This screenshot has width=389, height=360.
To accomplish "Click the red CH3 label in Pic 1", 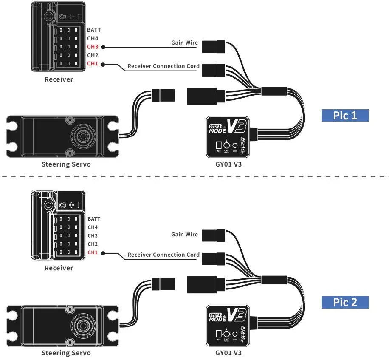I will tap(92, 47).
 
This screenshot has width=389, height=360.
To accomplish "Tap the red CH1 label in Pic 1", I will tap(92, 64).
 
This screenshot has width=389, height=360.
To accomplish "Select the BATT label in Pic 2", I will tap(95, 218).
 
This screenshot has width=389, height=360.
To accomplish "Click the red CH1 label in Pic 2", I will tap(93, 252).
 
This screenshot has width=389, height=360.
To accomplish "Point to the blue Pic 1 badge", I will tap(345, 115).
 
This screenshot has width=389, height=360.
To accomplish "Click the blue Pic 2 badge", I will tap(345, 302).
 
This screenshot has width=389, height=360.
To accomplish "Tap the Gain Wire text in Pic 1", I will tap(184, 43).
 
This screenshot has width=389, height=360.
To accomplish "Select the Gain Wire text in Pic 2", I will tap(184, 234).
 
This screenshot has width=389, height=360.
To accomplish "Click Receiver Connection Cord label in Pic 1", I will tap(163, 66).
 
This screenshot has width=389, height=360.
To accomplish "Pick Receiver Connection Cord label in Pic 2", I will tap(163, 255).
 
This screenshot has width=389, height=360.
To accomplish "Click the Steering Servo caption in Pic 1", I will tap(66, 164).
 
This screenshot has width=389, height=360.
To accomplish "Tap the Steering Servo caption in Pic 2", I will tap(66, 353).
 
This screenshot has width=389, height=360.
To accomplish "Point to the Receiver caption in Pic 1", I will tap(59, 79).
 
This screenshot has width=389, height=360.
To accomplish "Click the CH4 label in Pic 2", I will tap(93, 227).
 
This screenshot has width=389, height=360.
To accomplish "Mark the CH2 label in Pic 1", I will tap(93, 55).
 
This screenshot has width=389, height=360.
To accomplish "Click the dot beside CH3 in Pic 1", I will tap(104, 47).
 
